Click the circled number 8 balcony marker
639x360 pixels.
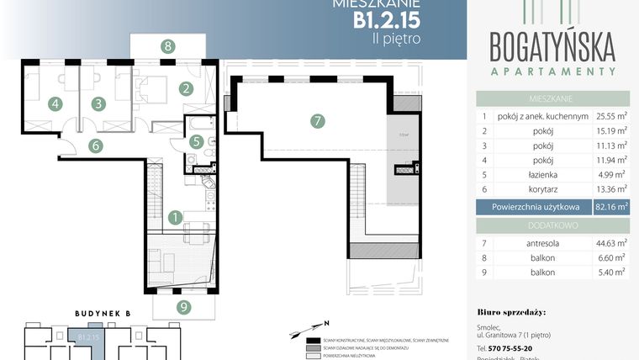point(169,46)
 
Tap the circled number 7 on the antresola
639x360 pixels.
point(317,121)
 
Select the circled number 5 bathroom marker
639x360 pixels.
point(196,142)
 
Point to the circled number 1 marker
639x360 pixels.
point(174,217)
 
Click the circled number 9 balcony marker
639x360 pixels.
point(182,306)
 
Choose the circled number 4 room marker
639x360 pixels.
point(55,104)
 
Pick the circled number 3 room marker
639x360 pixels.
point(98,104)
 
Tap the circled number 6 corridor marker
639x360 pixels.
point(97,146)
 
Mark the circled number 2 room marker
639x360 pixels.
point(186,87)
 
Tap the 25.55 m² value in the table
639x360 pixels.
point(610,117)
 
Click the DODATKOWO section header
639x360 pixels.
point(552,226)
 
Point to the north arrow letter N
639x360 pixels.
point(327,322)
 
